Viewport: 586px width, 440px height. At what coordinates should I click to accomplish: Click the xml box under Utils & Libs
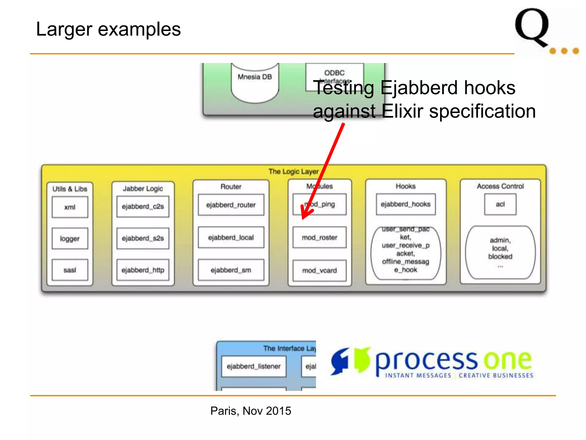click(x=70, y=207)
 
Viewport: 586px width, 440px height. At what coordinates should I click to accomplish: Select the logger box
click(x=70, y=239)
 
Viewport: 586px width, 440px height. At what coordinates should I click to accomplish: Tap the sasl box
click(x=70, y=270)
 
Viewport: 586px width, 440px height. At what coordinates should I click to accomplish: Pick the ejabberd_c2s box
click(x=143, y=207)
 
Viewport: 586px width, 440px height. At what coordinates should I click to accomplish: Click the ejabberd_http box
click(x=143, y=270)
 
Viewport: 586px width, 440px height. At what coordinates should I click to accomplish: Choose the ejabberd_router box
click(x=231, y=205)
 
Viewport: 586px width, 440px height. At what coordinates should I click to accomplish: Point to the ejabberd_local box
click(x=231, y=237)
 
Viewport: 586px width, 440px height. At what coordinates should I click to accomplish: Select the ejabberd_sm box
click(x=231, y=270)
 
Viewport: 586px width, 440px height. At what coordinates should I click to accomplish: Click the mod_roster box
click(x=320, y=237)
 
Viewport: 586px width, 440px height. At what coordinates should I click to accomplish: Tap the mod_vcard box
click(x=320, y=270)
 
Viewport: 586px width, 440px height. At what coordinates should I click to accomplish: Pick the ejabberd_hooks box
click(x=406, y=204)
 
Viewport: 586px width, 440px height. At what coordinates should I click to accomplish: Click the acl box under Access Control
click(x=500, y=204)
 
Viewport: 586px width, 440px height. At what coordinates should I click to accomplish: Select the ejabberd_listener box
click(x=254, y=366)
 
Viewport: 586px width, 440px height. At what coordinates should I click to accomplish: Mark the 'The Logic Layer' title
click(x=293, y=172)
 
